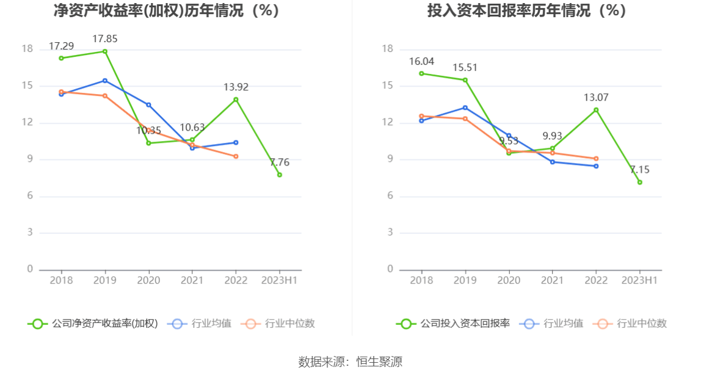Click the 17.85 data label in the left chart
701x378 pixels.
105,39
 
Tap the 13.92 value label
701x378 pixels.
236,87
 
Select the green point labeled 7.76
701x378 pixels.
280,175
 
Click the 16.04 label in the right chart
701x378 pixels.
421,62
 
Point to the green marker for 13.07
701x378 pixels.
596,110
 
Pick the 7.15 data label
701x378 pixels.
640,170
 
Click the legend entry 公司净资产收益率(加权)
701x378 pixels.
93,324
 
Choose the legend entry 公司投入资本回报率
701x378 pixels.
453,324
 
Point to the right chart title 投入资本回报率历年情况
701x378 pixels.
527,11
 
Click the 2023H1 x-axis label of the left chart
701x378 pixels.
280,280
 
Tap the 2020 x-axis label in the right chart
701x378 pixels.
509,280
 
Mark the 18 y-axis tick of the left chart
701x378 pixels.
27,49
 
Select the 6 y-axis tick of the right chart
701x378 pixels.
390,196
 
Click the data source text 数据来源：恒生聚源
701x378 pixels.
350,362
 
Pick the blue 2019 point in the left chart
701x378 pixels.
105,81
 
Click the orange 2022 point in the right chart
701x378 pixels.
596,159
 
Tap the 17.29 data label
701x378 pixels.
61,46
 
